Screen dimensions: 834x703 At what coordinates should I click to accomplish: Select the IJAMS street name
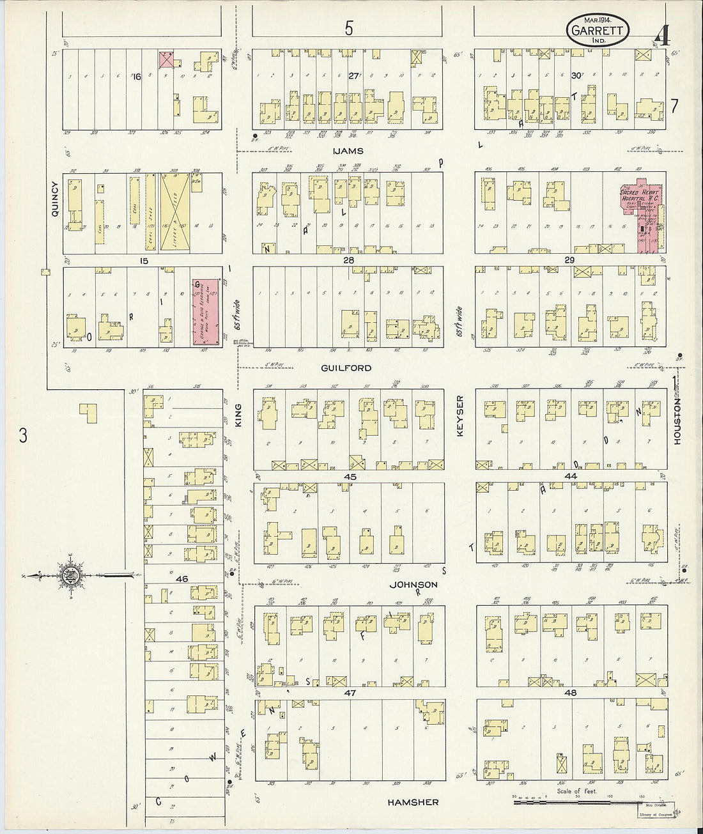pos(348,151)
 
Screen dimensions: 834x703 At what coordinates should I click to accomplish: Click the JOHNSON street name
pos(415,584)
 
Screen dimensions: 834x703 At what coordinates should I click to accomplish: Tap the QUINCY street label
pos(55,198)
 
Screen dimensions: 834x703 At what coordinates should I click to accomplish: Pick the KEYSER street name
pos(459,415)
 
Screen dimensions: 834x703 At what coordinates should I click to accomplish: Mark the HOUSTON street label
pos(677,422)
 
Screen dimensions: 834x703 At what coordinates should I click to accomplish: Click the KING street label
pos(242,415)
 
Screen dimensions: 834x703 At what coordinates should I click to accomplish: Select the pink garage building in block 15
pos(206,312)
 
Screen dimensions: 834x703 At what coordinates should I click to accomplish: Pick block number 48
pos(571,693)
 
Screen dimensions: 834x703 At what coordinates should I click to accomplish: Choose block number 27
pos(353,75)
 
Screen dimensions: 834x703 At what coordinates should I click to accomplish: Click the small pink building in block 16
pos(167,59)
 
